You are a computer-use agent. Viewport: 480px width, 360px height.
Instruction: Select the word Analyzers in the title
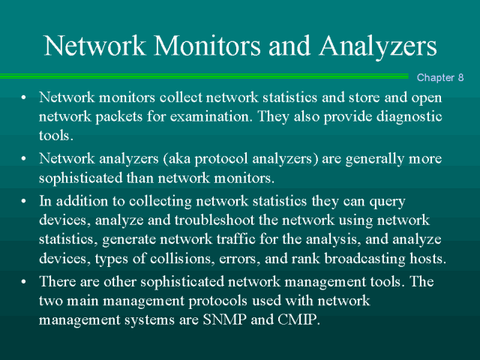tap(377, 46)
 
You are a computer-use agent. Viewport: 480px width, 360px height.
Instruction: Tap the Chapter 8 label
tap(440, 78)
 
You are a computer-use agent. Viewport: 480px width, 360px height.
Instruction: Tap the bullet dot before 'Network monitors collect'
tap(25, 98)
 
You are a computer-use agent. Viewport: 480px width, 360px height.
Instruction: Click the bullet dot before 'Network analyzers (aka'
tap(25, 159)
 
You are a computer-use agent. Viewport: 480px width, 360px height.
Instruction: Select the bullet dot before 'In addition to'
tap(25, 200)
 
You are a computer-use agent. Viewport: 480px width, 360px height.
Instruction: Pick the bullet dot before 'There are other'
tap(25, 282)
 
